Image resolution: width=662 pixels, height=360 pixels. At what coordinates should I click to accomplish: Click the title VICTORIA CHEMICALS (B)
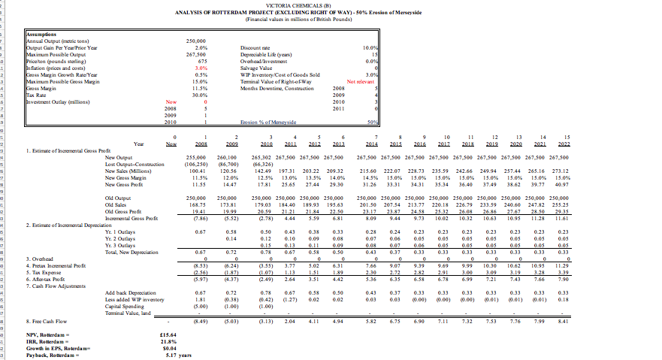coord(331,5)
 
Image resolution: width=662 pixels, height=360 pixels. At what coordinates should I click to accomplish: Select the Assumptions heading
coord(44,34)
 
